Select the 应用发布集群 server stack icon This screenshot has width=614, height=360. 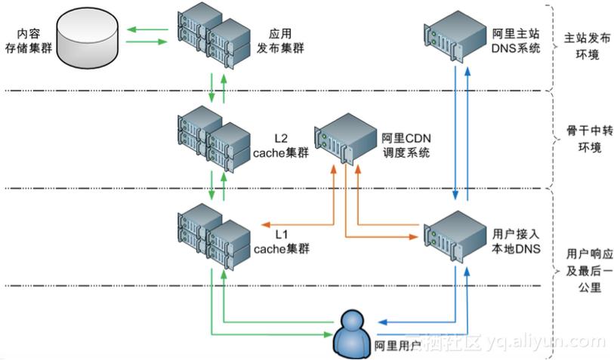click(208, 41)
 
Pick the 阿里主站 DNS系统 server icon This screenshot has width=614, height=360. click(452, 36)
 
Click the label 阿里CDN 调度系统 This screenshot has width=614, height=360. click(406, 145)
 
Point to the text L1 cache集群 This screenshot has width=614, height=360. click(281, 241)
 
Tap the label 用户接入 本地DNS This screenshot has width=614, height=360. click(516, 241)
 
